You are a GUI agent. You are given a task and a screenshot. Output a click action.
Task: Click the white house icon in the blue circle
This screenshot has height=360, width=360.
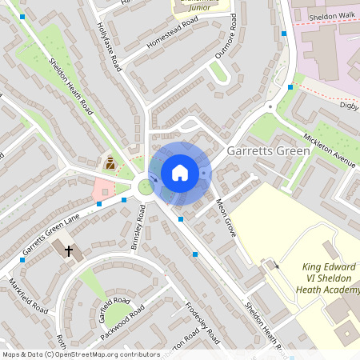(x=180, y=172)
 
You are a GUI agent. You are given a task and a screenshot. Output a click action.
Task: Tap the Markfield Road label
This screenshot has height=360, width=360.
(x=28, y=295)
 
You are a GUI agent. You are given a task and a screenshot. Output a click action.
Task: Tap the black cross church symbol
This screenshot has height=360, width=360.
(x=69, y=251)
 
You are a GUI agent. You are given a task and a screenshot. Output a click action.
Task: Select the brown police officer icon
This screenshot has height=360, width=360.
(x=110, y=163)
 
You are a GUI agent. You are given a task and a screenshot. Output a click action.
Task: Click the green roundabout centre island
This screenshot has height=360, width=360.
(x=146, y=187)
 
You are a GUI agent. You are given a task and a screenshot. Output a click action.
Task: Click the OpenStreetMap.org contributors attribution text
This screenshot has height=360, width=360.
(x=114, y=354)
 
